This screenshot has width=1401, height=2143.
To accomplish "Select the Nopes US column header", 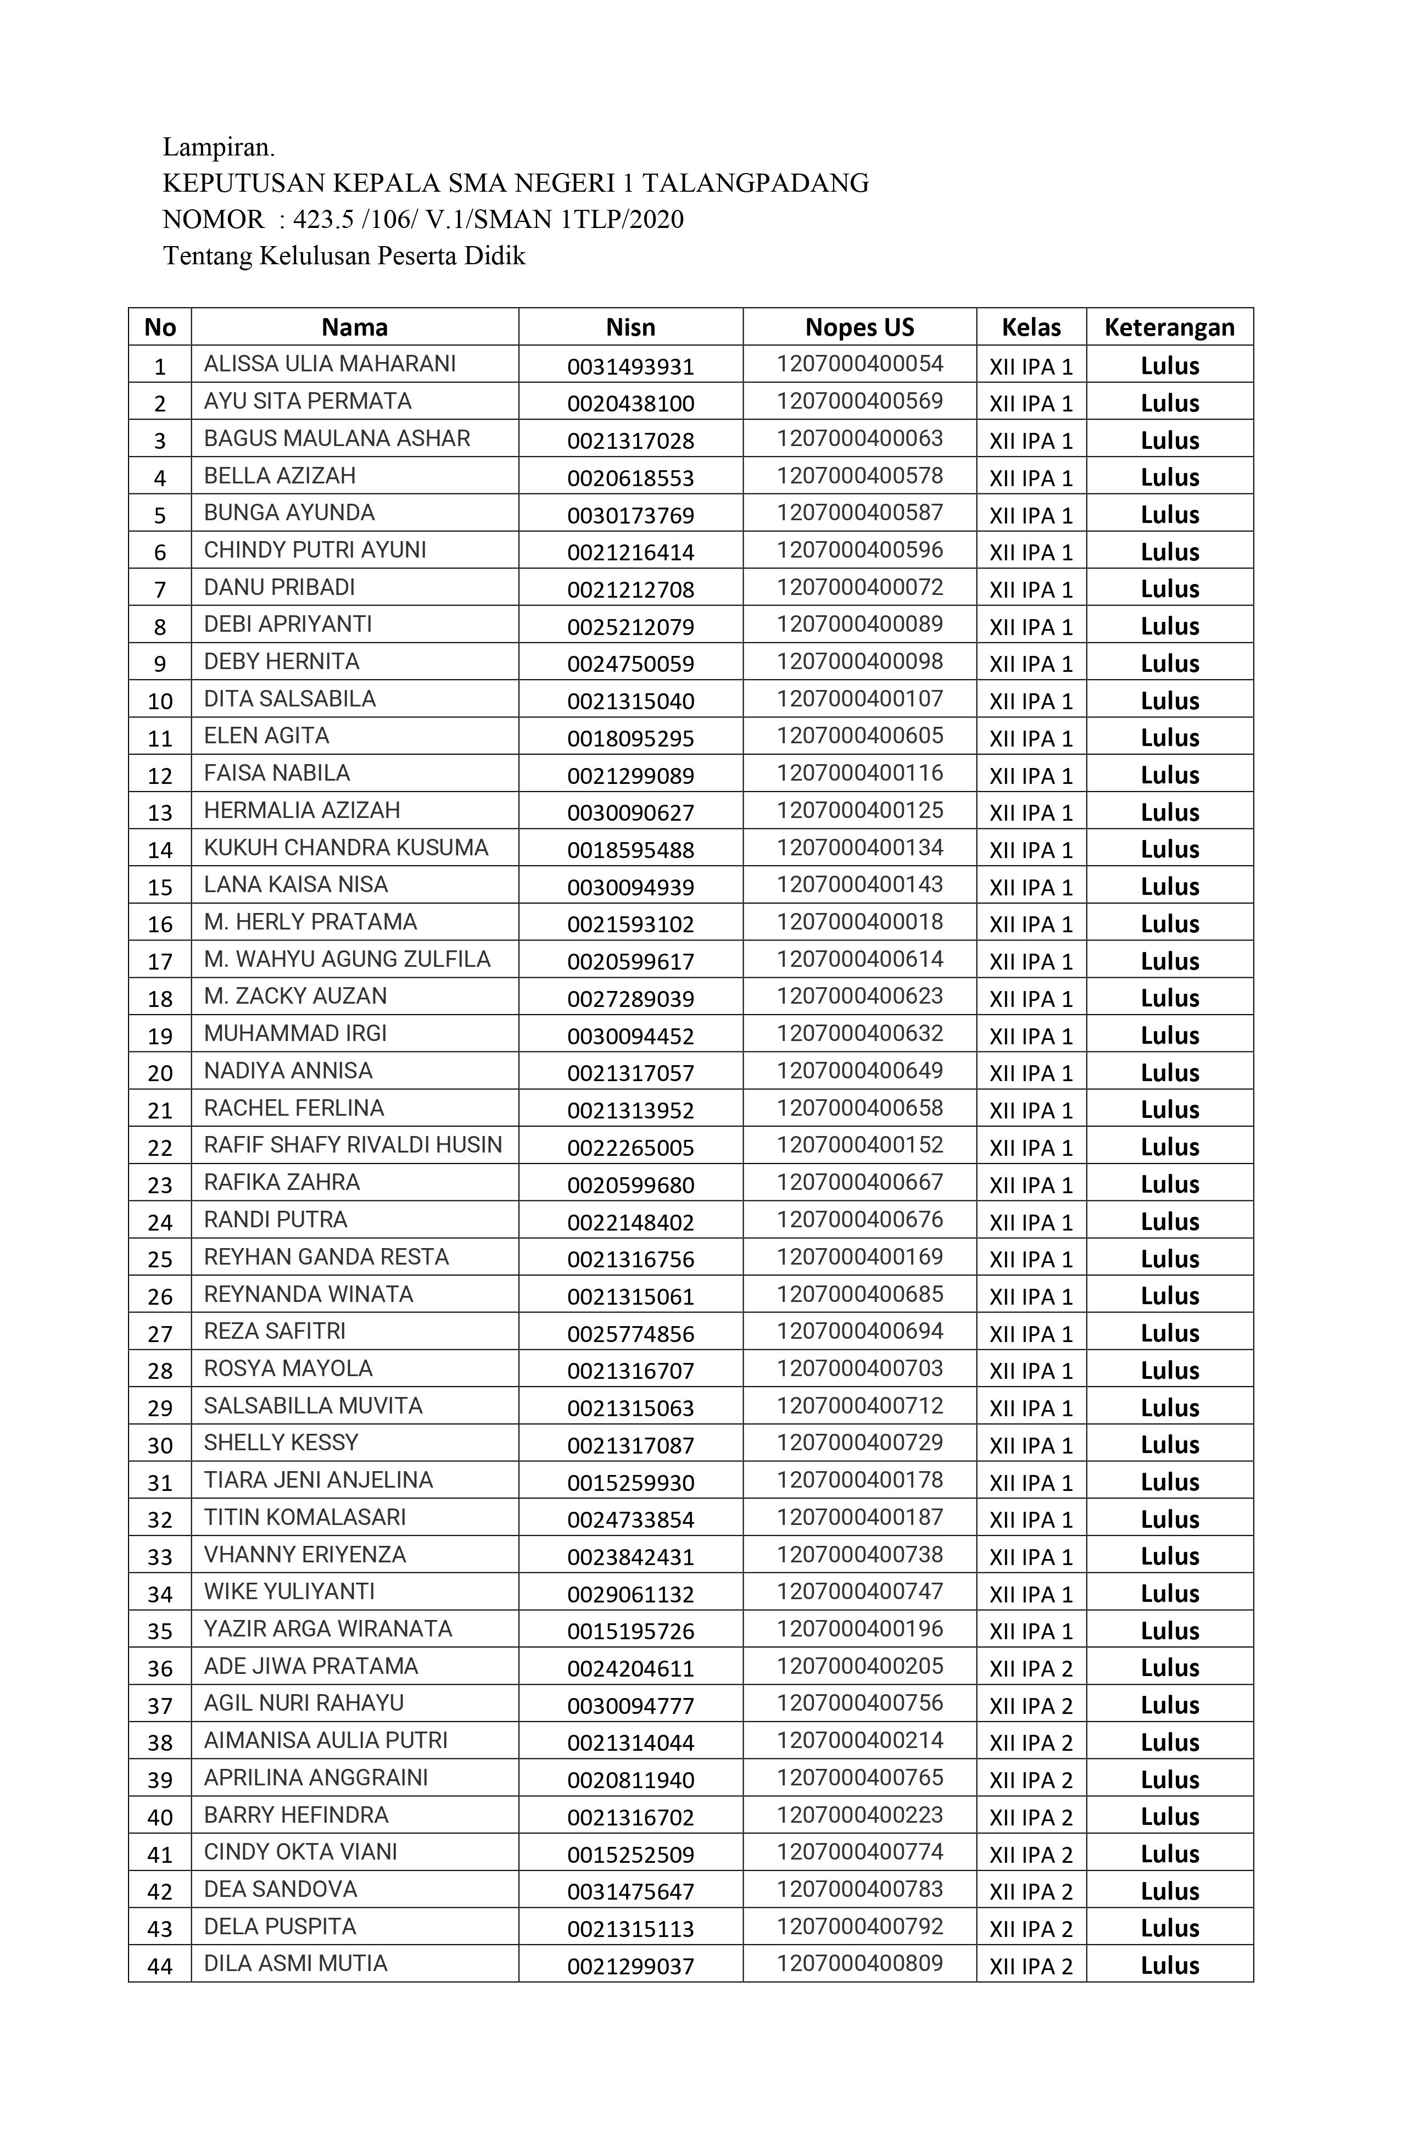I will click(x=859, y=327).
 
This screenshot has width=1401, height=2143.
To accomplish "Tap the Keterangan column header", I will click(x=1169, y=327).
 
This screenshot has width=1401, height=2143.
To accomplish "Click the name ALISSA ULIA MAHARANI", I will click(x=330, y=364).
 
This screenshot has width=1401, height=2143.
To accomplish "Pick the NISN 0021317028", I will click(x=630, y=441).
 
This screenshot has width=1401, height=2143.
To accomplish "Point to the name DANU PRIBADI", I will click(x=279, y=587).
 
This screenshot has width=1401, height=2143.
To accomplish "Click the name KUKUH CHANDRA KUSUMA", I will click(x=346, y=847).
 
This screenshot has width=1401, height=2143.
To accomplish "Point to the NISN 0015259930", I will click(x=630, y=1482).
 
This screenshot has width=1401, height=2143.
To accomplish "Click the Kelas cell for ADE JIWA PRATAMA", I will click(x=1031, y=1668).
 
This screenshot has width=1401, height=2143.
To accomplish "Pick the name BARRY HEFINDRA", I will click(x=295, y=1814).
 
